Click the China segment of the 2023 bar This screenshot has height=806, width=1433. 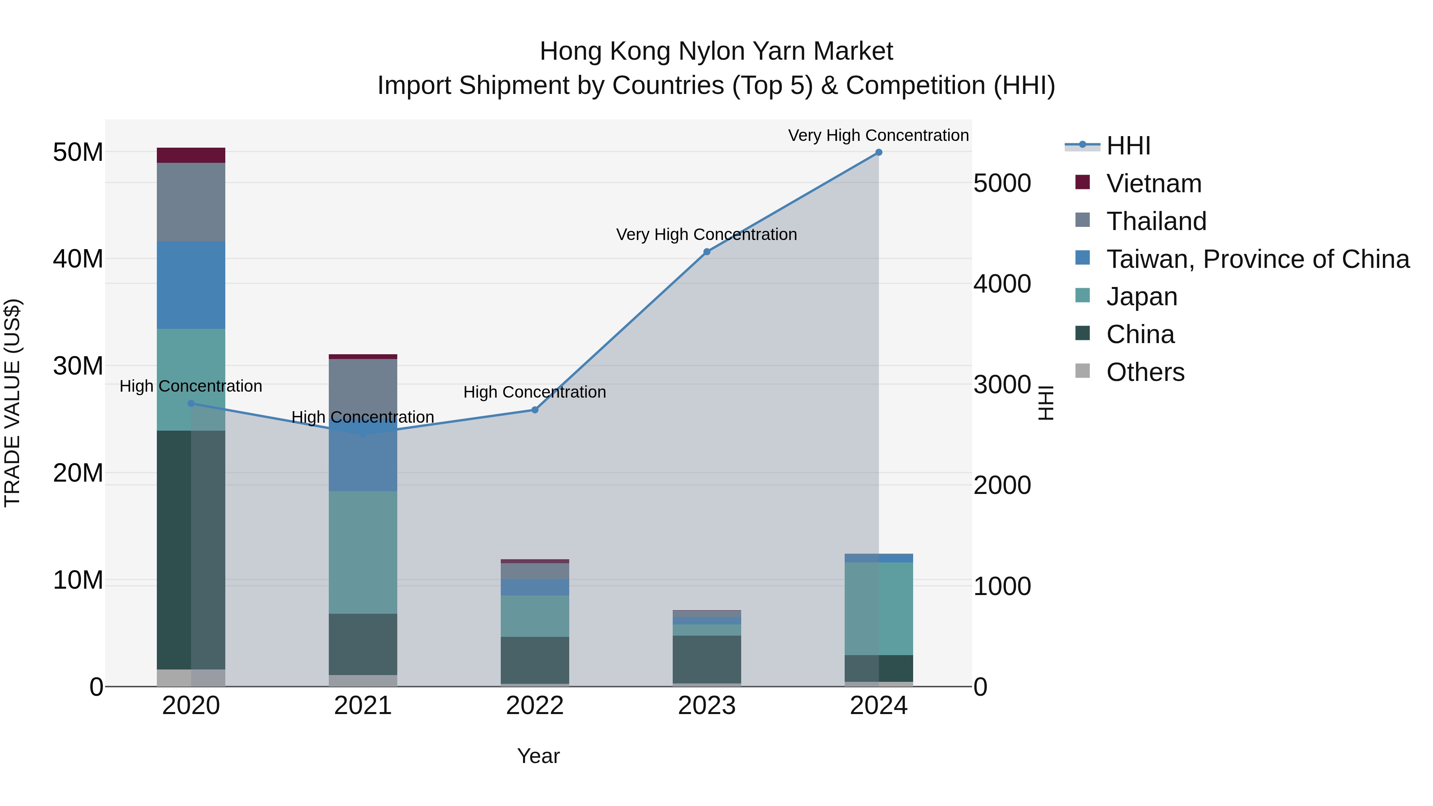click(x=707, y=659)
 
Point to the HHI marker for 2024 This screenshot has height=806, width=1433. click(x=879, y=152)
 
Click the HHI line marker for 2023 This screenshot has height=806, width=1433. click(x=707, y=252)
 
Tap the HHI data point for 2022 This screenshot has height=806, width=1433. click(x=535, y=410)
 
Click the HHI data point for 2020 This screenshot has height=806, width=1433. click(x=191, y=403)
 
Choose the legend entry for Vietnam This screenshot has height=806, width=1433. click(x=1154, y=183)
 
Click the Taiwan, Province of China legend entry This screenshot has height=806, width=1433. click(x=1257, y=259)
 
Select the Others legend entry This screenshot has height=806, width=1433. click(x=1145, y=372)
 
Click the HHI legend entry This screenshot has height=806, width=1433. click(x=1128, y=146)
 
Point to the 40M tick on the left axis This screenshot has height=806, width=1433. click(x=78, y=259)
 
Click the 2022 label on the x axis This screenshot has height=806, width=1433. click(x=535, y=706)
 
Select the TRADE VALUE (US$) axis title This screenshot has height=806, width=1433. click(x=12, y=403)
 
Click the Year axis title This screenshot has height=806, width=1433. click(x=538, y=756)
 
